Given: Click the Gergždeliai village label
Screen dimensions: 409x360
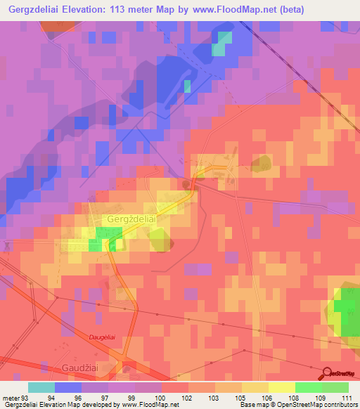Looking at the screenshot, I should tap(131, 219).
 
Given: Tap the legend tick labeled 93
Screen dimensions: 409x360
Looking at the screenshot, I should tap(27, 397).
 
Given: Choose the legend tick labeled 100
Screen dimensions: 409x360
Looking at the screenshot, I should tap(162, 397).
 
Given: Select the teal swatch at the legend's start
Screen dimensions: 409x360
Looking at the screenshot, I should tap(41, 387).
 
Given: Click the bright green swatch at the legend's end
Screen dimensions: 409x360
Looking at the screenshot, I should tap(335, 387).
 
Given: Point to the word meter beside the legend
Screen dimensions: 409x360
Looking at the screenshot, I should tap(11, 397).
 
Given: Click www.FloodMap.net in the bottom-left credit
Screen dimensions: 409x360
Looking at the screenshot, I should tap(150, 405).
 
